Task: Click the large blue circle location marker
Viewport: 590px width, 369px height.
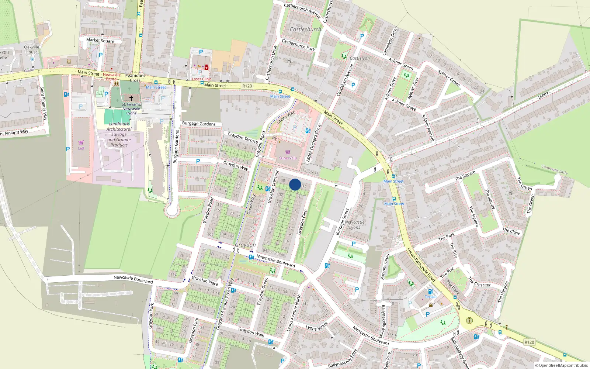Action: [295, 184]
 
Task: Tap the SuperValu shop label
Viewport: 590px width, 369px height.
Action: [288, 158]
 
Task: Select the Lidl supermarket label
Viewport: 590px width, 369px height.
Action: [81, 148]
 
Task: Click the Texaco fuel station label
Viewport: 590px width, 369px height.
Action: [430, 297]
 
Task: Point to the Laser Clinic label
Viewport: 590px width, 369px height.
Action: [202, 79]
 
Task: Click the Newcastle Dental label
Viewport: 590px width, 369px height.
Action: [112, 76]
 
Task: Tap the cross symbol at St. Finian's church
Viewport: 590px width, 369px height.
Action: [131, 98]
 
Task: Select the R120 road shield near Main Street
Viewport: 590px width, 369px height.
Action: [247, 86]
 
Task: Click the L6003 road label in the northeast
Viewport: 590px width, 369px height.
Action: [543, 96]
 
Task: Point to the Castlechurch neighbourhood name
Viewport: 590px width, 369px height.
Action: [305, 29]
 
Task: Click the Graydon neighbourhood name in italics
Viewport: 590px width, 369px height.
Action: [245, 245]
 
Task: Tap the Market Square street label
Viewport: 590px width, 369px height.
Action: [100, 41]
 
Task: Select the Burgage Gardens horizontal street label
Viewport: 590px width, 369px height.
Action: [199, 124]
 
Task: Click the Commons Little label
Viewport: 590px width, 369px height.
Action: [554, 170]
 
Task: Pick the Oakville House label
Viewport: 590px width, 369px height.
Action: [32, 49]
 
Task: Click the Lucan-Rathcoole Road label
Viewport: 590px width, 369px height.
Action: [421, 265]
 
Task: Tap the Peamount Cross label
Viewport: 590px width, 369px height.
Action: [135, 78]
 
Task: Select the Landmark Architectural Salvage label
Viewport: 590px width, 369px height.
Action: [119, 134]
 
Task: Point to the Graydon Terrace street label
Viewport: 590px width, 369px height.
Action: [243, 138]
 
